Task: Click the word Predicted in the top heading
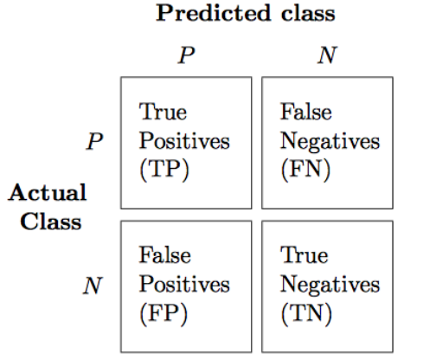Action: (214, 13)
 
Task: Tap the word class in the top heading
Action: (308, 13)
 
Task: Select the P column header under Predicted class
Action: (186, 55)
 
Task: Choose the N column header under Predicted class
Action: (327, 55)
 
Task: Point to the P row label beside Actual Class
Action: (94, 141)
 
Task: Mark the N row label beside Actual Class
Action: (93, 286)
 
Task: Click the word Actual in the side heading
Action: (48, 192)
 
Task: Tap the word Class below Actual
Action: (51, 222)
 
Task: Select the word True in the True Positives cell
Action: (163, 112)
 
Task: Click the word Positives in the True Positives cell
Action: (184, 141)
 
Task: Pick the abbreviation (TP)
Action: (164, 170)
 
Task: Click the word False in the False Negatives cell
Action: (306, 112)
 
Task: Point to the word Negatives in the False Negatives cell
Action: (330, 141)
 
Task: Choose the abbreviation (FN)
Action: (305, 170)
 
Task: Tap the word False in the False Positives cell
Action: (164, 255)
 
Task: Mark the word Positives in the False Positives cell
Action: (184, 284)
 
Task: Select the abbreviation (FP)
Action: (163, 313)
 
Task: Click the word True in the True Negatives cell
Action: (305, 255)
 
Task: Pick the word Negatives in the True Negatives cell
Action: (330, 285)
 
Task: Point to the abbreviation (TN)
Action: (306, 313)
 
